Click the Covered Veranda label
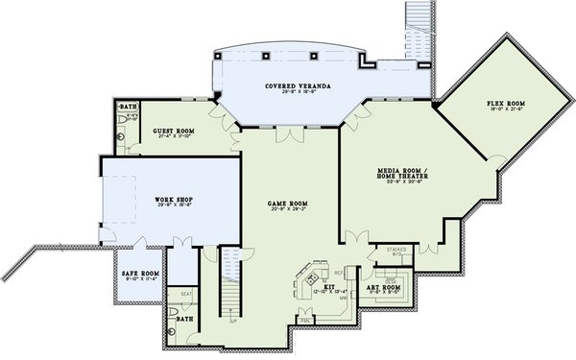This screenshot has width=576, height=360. [299, 86]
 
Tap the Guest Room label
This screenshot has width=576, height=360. [175, 131]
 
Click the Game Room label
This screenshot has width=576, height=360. [287, 204]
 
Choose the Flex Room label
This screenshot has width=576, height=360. [506, 104]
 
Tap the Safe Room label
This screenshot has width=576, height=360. [139, 274]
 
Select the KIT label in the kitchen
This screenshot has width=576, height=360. [327, 286]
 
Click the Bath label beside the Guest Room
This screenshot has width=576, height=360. [127, 106]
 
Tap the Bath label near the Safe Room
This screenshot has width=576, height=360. [184, 318]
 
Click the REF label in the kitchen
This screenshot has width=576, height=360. [338, 272]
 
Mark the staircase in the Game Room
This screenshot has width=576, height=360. [230, 283]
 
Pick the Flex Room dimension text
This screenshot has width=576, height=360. [506, 109]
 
